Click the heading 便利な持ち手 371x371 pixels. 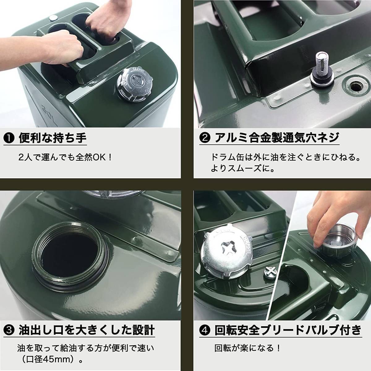53,138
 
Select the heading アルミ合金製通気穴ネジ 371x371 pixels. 277,138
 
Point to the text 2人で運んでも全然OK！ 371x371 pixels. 65,158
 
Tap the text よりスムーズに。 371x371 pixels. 243,169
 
